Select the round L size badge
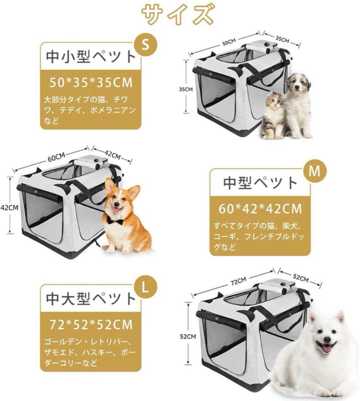click(145, 287)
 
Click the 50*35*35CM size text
click(91, 83)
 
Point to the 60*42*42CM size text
click(260, 209)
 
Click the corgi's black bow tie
click(115, 220)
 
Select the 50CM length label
click(229, 42)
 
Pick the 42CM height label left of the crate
click(9, 208)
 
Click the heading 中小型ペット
click(91, 56)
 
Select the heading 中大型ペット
click(91, 298)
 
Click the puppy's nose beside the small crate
click(297, 88)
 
